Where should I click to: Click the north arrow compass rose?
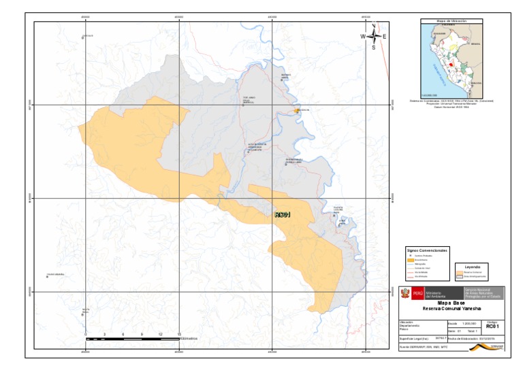pyautogui.click(x=374, y=37)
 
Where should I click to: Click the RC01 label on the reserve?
pyautogui.click(x=282, y=215)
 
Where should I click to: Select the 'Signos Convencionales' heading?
pyautogui.click(x=427, y=250)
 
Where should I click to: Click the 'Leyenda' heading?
pyautogui.click(x=472, y=266)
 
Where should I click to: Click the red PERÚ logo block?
pyautogui.click(x=417, y=293)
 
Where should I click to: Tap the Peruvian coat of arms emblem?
pyautogui.click(x=405, y=293)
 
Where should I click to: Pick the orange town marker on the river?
pyautogui.click(x=296, y=110)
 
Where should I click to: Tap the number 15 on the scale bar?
pyautogui.click(x=178, y=334)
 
